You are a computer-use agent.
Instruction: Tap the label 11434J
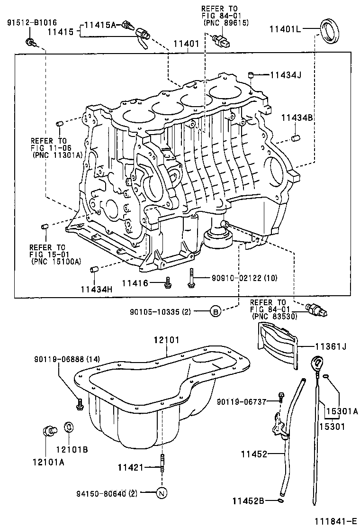pos(286,75)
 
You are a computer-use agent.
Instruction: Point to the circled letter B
pos(216,311)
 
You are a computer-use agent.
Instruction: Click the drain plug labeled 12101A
pos(48,431)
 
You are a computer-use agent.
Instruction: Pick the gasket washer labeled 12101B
pos(68,427)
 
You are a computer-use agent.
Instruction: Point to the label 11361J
pos(331,346)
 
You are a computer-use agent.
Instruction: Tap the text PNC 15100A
pos(56,261)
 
